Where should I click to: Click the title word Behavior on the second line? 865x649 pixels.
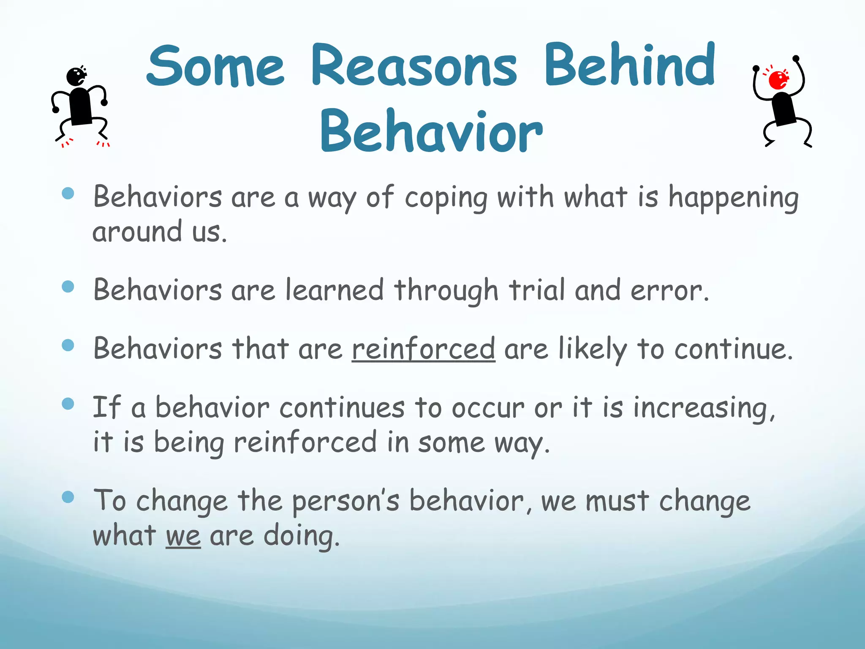pyautogui.click(x=431, y=131)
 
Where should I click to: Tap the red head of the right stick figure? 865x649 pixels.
pyautogui.click(x=778, y=80)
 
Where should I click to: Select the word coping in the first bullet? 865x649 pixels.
pyautogui.click(x=446, y=199)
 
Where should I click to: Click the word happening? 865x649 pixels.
pyautogui.click(x=733, y=199)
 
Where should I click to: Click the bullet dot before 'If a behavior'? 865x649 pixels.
pyautogui.click(x=68, y=404)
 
